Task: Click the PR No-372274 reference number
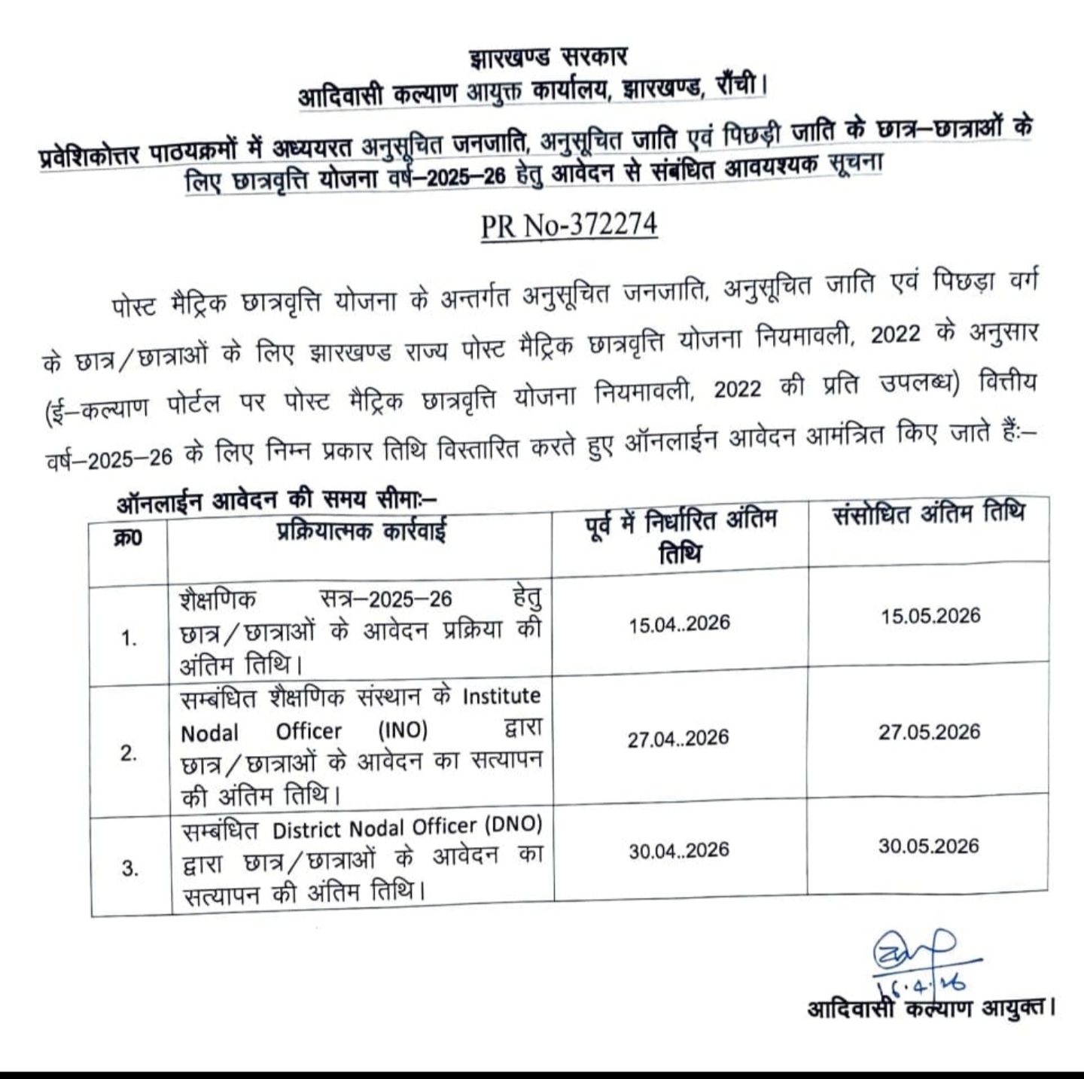click(x=569, y=225)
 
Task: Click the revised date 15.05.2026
click(x=930, y=616)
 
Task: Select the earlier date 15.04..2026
click(x=680, y=623)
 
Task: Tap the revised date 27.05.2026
click(x=929, y=732)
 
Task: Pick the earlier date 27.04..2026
click(x=678, y=738)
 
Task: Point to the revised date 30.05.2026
click(x=928, y=846)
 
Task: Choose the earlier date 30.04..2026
click(x=679, y=851)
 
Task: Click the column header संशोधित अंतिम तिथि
click(x=929, y=515)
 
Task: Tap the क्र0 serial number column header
click(x=128, y=538)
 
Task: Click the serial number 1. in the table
click(x=129, y=639)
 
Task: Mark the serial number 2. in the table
click(x=129, y=754)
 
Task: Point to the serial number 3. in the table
click(x=129, y=869)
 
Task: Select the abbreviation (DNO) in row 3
click(x=513, y=825)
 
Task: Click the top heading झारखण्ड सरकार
click(x=547, y=57)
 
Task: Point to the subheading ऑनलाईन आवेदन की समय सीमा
click(x=276, y=499)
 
